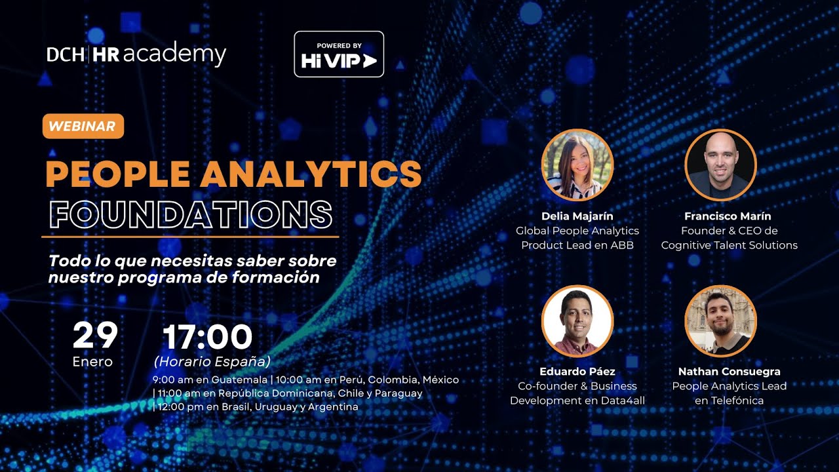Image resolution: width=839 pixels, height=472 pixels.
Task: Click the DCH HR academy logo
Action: point(136,54)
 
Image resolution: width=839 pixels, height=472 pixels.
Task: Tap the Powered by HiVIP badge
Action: point(339,54)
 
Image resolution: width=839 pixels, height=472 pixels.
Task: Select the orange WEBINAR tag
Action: point(83,127)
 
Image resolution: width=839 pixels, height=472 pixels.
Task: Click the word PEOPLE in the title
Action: point(117,174)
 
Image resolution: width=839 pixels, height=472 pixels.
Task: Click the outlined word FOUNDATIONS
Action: point(191,214)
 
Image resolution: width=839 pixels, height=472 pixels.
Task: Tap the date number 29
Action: point(95,336)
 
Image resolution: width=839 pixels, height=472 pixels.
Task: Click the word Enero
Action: point(92,362)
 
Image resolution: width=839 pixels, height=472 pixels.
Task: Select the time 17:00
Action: point(207,337)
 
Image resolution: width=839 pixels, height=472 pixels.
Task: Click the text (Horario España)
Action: point(212,362)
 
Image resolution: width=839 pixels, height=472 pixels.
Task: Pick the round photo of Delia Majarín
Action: point(577,165)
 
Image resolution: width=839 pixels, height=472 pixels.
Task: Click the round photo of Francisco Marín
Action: point(720,165)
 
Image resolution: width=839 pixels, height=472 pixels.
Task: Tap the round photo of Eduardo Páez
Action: point(577,321)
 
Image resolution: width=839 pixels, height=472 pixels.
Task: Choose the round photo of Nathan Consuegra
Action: point(720,321)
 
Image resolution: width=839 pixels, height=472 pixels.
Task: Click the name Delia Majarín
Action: point(577,216)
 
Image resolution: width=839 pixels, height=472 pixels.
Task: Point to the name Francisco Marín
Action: point(728,216)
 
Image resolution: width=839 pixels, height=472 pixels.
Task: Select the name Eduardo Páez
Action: point(577,372)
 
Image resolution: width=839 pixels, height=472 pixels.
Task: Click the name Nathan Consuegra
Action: point(729,372)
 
